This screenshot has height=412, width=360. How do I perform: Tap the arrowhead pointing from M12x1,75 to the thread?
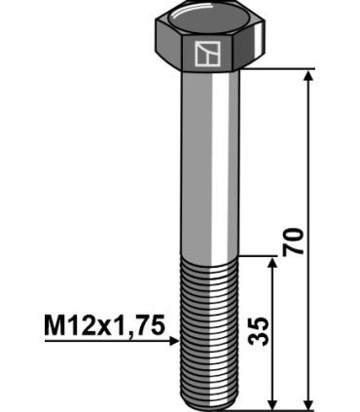pyautogui.click(x=172, y=341)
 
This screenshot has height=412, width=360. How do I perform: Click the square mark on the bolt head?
pyautogui.click(x=205, y=55)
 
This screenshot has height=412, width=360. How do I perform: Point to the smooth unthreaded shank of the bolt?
pyautogui.click(x=206, y=166)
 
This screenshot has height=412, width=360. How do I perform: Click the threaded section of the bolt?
pyautogui.click(x=206, y=331)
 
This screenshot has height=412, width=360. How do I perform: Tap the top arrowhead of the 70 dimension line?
pyautogui.click(x=309, y=77)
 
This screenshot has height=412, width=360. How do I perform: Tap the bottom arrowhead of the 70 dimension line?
pyautogui.click(x=309, y=402)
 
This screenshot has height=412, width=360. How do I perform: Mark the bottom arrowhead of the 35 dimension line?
pyautogui.click(x=273, y=402)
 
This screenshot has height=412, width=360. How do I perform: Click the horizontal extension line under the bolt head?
pyautogui.click(x=282, y=69)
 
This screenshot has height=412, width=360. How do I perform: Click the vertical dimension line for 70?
pyautogui.click(x=309, y=175)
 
